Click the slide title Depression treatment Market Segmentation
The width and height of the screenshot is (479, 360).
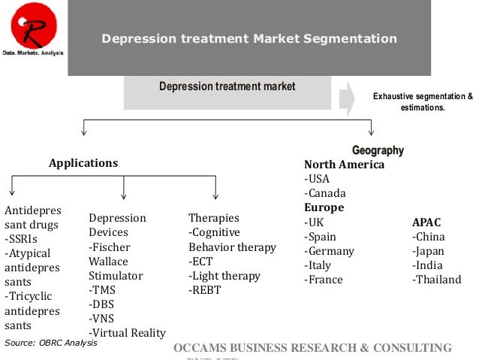click(249, 38)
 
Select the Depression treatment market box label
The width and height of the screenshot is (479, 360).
click(227, 87)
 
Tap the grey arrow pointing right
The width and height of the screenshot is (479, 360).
click(347, 98)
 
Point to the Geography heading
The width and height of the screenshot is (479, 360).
click(378, 150)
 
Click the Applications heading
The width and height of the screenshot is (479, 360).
click(83, 162)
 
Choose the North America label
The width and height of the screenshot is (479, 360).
click(344, 165)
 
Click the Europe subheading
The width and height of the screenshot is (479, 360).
click(324, 207)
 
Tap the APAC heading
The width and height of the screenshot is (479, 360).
click(426, 222)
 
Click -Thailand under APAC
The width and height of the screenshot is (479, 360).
click(436, 280)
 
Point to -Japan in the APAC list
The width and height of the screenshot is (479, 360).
click(428, 251)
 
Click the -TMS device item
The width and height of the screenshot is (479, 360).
click(102, 289)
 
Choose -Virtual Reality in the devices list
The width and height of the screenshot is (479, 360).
click(127, 333)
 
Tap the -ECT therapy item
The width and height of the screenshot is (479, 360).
click(203, 261)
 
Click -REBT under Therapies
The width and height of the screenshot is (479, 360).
click(205, 289)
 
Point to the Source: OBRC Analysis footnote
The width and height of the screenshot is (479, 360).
click(51, 343)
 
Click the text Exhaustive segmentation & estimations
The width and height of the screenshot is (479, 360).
click(423, 102)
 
